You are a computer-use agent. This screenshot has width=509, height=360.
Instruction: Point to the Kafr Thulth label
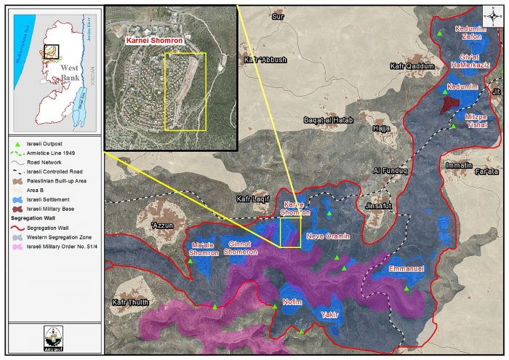pyautogui.click(x=130, y=302)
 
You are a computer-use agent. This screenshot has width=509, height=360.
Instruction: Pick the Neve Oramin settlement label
pyautogui.click(x=328, y=236)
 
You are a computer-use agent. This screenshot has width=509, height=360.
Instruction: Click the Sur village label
pyautogui.click(x=276, y=16)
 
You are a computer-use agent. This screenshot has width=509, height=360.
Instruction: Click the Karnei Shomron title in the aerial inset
pyautogui.click(x=155, y=42)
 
